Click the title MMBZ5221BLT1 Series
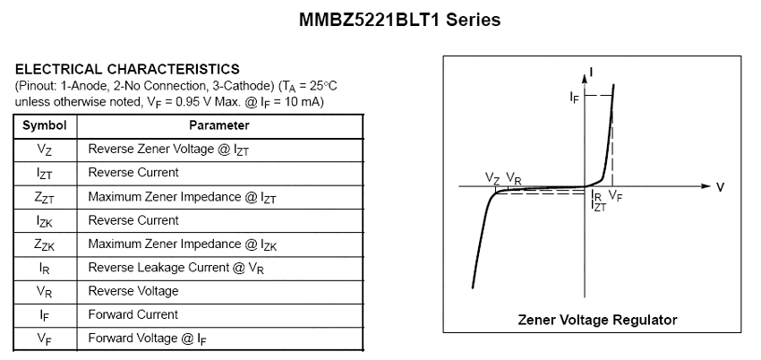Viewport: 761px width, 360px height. pyautogui.click(x=398, y=19)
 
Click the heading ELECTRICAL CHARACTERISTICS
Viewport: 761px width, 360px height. pyautogui.click(x=127, y=68)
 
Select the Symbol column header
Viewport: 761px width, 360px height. pyautogui.click(x=45, y=125)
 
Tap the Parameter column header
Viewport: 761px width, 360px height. pyautogui.click(x=219, y=125)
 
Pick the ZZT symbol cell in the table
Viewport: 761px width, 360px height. pyautogui.click(x=45, y=197)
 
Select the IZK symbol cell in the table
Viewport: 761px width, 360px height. pyautogui.click(x=45, y=220)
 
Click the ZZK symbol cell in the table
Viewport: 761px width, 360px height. pyautogui.click(x=45, y=244)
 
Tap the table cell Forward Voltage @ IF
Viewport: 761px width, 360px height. pyautogui.click(x=150, y=339)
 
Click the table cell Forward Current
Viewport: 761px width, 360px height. pyautogui.click(x=133, y=314)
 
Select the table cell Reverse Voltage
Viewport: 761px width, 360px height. pyautogui.click(x=133, y=291)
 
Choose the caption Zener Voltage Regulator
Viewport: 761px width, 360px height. pyautogui.click(x=597, y=320)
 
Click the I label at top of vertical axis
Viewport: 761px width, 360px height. pyautogui.click(x=593, y=69)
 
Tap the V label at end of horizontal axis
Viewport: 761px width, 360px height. pyautogui.click(x=720, y=187)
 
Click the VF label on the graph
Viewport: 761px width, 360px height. pyautogui.click(x=616, y=195)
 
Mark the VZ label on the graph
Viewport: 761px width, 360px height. pyautogui.click(x=492, y=178)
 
